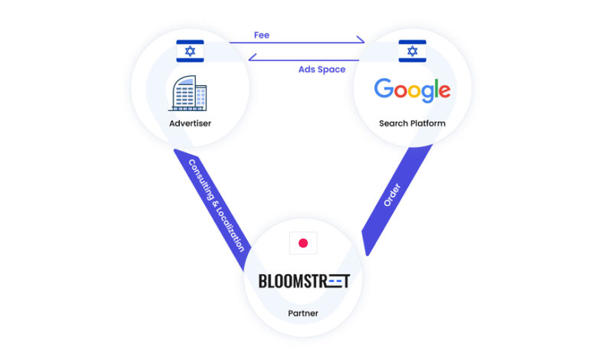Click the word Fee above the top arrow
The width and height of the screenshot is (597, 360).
coord(261,34)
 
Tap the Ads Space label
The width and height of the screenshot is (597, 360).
coord(321,69)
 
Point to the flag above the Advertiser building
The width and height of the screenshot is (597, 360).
coord(190,51)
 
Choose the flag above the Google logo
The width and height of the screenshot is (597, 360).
coord(413,51)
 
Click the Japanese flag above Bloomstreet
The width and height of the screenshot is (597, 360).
coord(303,243)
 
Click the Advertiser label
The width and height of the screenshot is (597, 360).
coord(190,123)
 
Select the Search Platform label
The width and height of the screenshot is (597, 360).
coord(412,123)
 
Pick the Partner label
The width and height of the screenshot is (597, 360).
coord(303,313)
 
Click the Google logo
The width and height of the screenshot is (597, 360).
coord(412,90)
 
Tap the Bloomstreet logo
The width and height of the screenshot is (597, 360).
coord(304,281)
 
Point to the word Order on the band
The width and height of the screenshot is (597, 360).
coord(391,195)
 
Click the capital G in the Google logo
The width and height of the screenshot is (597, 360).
coord(383,89)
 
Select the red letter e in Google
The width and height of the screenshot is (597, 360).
coord(442,92)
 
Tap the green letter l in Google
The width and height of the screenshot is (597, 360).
coord(432,89)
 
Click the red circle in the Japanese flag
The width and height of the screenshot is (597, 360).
coord(303,243)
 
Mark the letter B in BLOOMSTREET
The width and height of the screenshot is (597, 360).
coord(263,281)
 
